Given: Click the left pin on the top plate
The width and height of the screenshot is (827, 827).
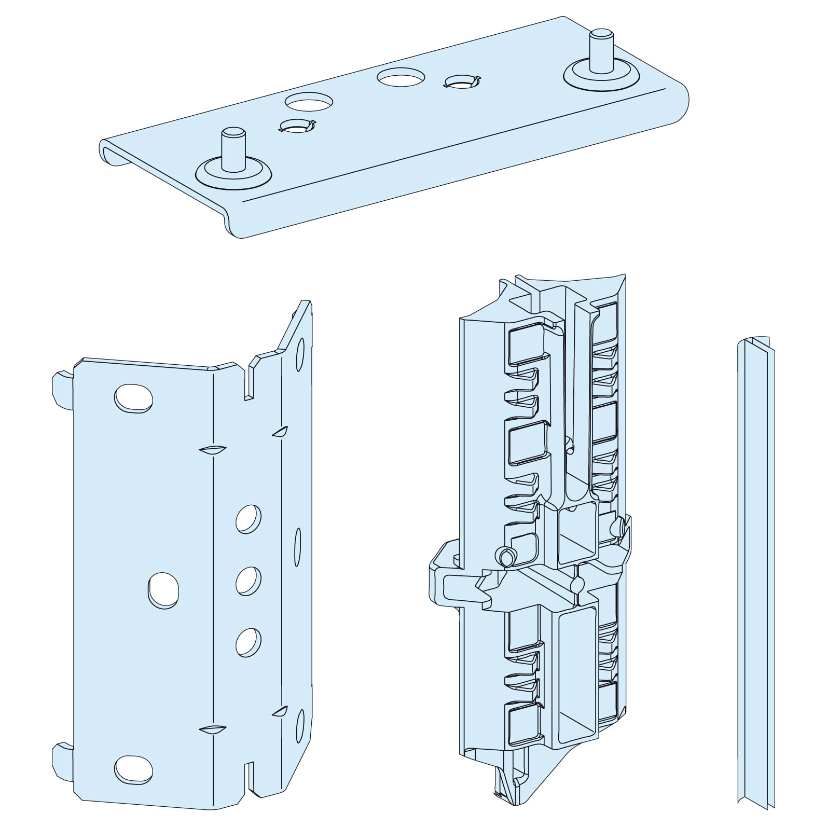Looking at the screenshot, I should click(232, 149).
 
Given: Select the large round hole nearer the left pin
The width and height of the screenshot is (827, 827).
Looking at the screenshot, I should click(308, 102).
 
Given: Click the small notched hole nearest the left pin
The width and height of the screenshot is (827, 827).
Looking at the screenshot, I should click(297, 125).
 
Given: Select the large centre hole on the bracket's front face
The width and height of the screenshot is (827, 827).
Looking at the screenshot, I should click(163, 590).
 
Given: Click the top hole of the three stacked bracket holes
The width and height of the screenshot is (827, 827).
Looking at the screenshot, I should click(249, 518).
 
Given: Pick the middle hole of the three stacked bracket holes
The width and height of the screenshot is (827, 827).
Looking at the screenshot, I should click(249, 580).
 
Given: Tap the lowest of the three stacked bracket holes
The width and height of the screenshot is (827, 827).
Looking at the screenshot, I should click(249, 642).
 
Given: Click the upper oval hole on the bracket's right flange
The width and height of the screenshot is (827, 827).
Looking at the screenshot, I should click(300, 354).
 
